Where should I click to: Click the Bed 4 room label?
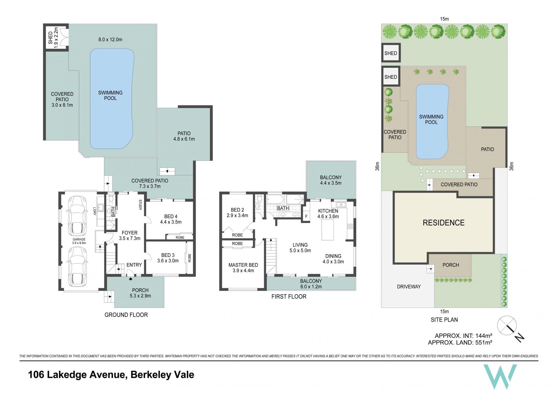(x=171, y=219)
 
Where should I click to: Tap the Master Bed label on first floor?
(x=243, y=268)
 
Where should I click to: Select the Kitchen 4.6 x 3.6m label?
(x=328, y=213)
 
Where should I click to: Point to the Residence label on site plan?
(x=443, y=223)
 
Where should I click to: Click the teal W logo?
(x=500, y=377)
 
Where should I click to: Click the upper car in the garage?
(x=77, y=216)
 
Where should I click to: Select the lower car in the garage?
(x=77, y=267)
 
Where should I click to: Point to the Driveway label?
(x=409, y=286)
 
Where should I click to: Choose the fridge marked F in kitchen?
(x=306, y=216)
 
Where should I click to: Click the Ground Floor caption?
(x=126, y=315)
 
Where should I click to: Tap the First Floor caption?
(x=289, y=296)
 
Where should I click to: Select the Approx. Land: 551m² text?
(x=460, y=343)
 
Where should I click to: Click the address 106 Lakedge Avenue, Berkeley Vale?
(x=111, y=375)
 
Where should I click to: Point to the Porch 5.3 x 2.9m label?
(x=140, y=293)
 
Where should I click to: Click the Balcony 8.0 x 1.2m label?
(x=311, y=284)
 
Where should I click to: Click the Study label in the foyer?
(x=140, y=205)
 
